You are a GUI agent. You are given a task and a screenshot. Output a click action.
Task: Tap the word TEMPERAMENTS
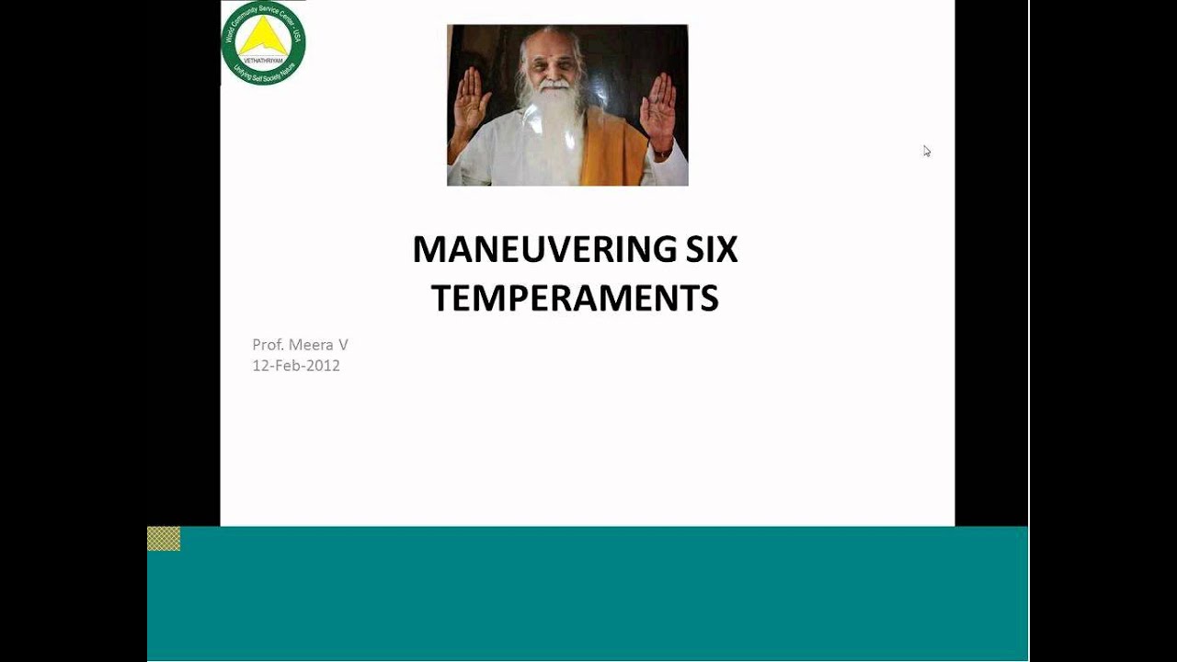(x=575, y=299)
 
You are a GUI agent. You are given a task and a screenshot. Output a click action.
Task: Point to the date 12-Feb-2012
(x=296, y=365)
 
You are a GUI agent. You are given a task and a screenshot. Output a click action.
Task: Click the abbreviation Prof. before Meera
(x=269, y=345)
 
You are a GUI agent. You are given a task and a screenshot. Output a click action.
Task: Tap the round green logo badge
(x=263, y=43)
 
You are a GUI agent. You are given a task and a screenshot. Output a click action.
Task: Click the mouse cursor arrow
(x=927, y=151)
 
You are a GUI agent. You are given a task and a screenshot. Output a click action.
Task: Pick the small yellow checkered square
(x=164, y=539)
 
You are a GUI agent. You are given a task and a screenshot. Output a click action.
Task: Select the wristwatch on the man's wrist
(x=661, y=152)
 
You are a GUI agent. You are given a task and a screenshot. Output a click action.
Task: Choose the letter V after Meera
(x=343, y=345)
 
